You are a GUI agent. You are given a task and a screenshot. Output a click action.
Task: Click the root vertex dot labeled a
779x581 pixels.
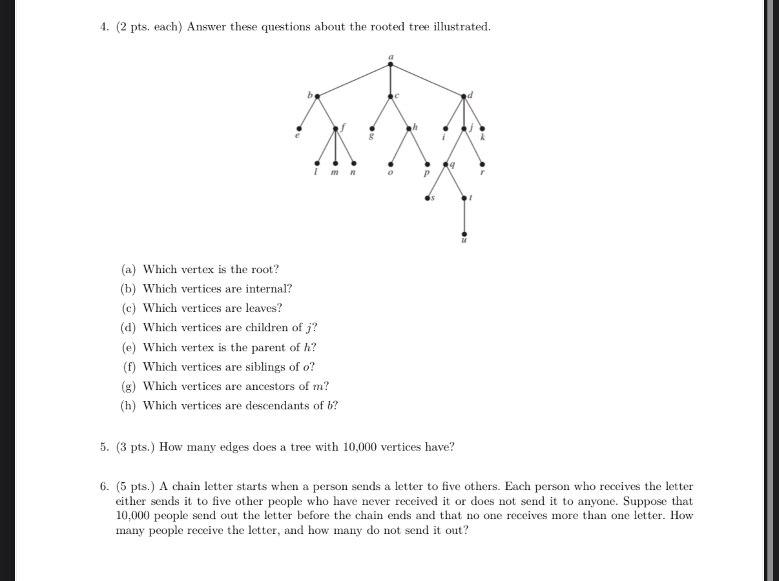tap(390, 64)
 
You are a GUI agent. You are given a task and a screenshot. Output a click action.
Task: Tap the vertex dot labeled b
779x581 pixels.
tap(317, 96)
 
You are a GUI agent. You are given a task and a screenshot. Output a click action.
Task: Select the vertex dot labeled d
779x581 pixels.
tap(464, 97)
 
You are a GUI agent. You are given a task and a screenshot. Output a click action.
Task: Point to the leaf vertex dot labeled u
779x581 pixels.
tap(464, 234)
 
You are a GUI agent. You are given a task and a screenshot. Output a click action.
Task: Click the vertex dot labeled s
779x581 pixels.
tap(427, 198)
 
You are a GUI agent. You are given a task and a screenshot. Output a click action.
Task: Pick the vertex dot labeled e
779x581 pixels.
tap(298, 128)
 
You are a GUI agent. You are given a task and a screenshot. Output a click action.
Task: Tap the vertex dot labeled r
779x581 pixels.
tap(483, 165)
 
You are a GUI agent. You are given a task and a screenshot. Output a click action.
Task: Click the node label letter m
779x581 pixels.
tap(335, 174)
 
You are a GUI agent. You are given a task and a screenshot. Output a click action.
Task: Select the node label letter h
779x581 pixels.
tap(415, 127)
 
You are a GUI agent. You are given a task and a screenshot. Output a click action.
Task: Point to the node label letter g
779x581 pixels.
tap(371, 137)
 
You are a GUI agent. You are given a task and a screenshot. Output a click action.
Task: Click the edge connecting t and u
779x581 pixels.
tap(464, 216)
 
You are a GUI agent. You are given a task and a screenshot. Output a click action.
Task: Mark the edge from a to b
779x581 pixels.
tap(353, 80)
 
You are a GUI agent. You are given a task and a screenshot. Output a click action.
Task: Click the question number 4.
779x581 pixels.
tap(104, 27)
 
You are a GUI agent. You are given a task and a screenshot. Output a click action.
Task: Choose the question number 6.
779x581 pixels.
tap(104, 487)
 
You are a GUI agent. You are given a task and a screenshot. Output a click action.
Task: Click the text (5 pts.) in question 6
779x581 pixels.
tap(136, 487)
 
